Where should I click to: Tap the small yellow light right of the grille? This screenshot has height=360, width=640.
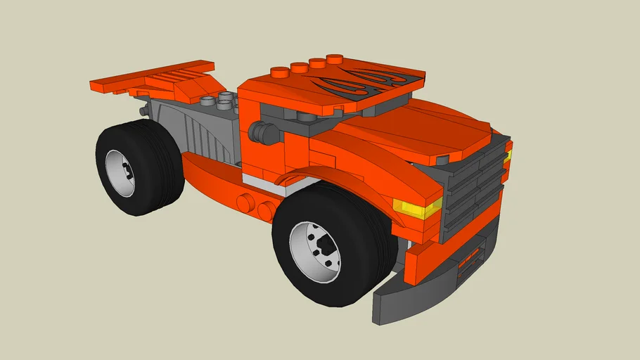507,156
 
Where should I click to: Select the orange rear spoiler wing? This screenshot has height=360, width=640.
151,77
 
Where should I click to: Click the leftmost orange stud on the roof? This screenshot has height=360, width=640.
280,71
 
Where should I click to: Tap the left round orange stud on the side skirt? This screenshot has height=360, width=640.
245,203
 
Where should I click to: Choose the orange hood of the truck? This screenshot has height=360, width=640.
415,134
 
